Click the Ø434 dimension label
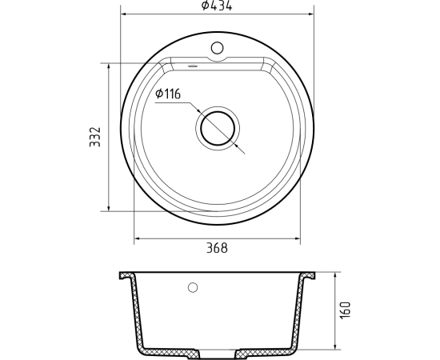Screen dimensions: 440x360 click(217, 6)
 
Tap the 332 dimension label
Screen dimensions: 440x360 click(95, 137)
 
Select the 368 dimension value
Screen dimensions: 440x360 click(217, 248)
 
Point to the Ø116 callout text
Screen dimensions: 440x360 click(168, 94)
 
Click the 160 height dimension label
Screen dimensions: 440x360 click(345, 310)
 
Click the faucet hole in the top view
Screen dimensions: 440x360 click(217, 48)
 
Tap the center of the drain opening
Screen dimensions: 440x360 click(218, 128)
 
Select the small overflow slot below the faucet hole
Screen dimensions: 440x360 click(193, 66)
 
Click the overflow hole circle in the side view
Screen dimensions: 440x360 click(193, 287)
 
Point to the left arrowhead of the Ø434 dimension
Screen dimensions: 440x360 click(124, 14)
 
